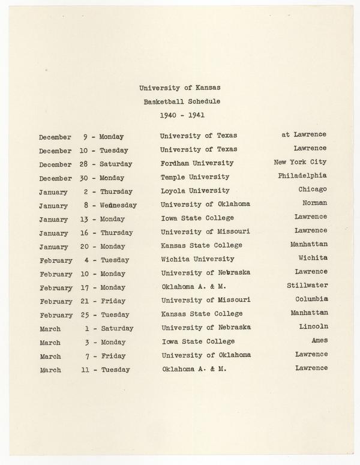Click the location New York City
pyautogui.click(x=300, y=162)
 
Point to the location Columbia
pyautogui.click(x=311, y=299)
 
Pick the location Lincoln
pyautogui.click(x=313, y=326)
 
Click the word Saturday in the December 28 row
pyautogui.click(x=116, y=164)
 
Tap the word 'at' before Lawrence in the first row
pyautogui.click(x=286, y=134)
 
